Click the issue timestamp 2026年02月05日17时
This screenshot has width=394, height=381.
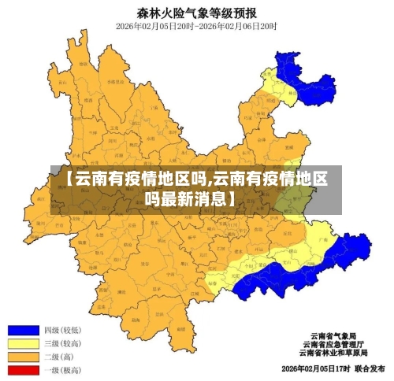pyautogui.click(x=314, y=368)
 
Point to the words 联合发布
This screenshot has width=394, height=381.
pyautogui.click(x=369, y=368)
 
